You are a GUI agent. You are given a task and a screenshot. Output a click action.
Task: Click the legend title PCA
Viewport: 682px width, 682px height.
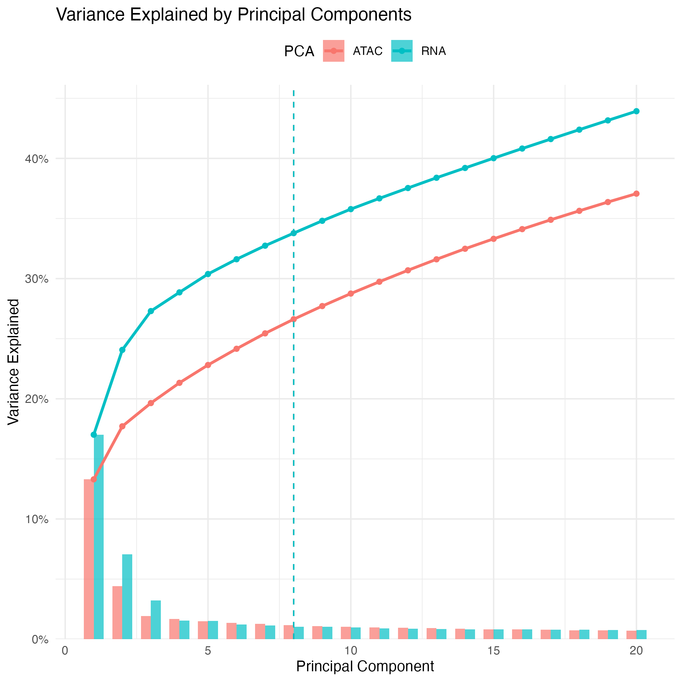299,52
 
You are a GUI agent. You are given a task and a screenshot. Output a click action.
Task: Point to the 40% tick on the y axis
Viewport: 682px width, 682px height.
36,159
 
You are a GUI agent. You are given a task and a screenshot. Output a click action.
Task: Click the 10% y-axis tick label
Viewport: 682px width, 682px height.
36,520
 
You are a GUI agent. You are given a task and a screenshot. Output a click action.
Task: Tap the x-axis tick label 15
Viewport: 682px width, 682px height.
493,650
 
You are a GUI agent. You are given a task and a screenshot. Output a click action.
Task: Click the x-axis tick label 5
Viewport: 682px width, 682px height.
208,650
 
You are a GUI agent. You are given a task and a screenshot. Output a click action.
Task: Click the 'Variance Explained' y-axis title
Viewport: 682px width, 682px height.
13,362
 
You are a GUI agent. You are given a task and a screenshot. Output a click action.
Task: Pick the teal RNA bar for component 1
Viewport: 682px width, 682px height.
99,536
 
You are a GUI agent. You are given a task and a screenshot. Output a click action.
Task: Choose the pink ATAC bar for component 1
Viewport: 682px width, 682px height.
89,560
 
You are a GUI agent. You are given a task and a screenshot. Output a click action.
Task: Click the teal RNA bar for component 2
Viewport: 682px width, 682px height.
127,597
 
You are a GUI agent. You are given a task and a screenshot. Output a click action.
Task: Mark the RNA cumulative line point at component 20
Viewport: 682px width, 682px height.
636,111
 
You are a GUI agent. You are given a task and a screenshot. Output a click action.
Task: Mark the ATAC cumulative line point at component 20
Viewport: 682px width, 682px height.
636,194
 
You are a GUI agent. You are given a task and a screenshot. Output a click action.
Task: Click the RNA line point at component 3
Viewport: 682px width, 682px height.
151,311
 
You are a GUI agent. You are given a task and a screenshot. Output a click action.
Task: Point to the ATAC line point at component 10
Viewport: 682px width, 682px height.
351,293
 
